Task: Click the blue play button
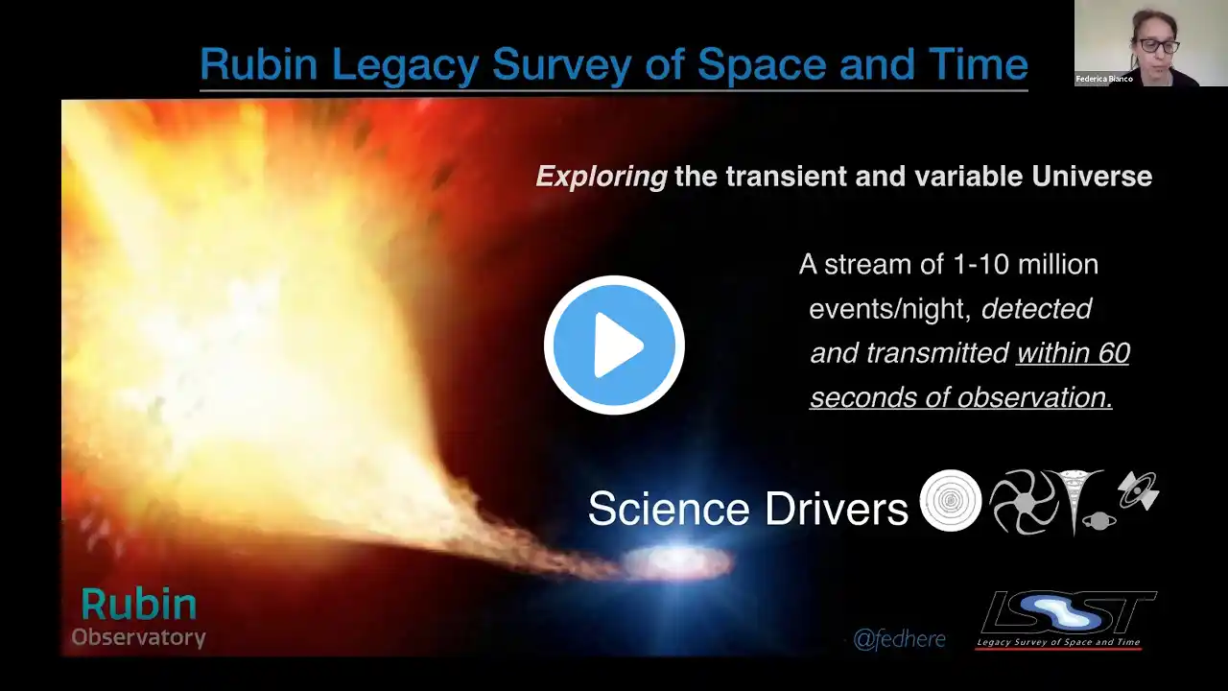[x=614, y=345]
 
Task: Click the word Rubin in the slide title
[x=259, y=64]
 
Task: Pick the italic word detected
[x=1037, y=309]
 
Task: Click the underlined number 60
[x=1114, y=352]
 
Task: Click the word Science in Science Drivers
[x=669, y=509]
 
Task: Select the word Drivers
[x=837, y=509]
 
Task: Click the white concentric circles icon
[x=951, y=500]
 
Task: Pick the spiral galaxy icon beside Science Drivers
[x=1024, y=502]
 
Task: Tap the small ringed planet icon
[x=1098, y=521]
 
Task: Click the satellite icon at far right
[x=1139, y=490]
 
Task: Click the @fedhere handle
[x=900, y=639]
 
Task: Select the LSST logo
[x=1066, y=620]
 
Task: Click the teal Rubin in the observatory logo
[x=139, y=605]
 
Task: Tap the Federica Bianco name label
[x=1104, y=79]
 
